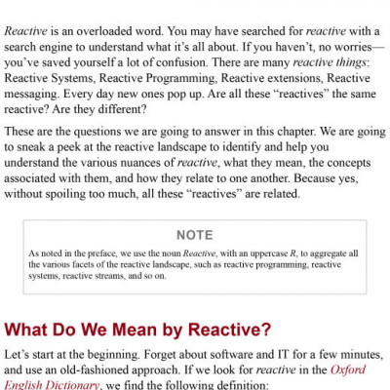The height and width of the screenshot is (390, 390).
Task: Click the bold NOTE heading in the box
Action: tap(195, 235)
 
